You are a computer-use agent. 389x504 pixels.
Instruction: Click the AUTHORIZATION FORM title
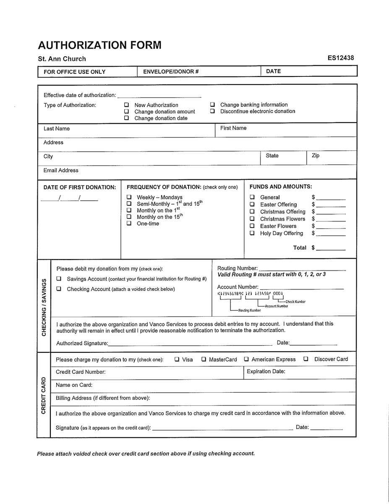pos(99,45)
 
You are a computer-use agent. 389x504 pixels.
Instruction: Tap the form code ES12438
pos(341,58)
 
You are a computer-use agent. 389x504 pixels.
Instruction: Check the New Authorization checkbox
pos(126,105)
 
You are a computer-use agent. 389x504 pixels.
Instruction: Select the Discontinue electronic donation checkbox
pos(212,111)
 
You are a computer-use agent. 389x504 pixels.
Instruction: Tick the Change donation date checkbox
pos(126,118)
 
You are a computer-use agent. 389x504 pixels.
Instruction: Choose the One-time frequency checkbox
pos(129,223)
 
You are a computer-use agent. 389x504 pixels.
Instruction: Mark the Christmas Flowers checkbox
pos(252,219)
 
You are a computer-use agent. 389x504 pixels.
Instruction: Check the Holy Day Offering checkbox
pos(252,233)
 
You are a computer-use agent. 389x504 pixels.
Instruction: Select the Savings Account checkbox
pos(59,279)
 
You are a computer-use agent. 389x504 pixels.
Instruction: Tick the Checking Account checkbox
pos(59,289)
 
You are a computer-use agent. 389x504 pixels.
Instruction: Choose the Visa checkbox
pos(177,359)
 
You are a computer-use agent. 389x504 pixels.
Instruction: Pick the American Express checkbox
pos(246,359)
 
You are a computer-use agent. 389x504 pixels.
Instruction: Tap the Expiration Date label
pos(266,371)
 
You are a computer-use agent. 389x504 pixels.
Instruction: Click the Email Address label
pos(61,171)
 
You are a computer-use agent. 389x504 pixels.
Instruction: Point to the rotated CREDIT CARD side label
pos(44,395)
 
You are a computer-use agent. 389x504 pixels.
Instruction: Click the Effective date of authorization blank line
pos(159,97)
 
